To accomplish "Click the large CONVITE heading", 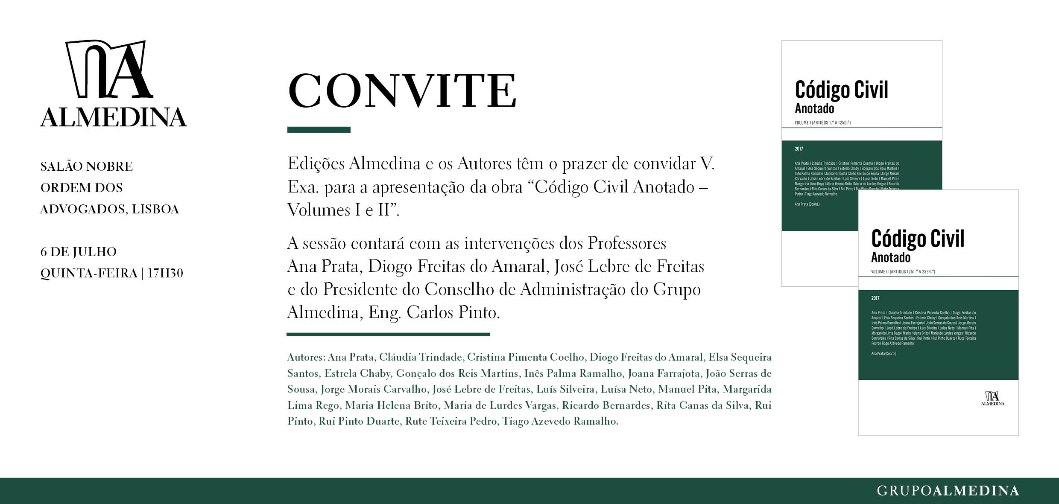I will click(402, 91).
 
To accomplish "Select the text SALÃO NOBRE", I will click(87, 166).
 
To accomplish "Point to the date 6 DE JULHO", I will click(79, 252).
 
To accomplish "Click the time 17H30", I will click(165, 273).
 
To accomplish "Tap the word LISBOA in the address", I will click(155, 209).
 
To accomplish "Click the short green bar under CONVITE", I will click(319, 130).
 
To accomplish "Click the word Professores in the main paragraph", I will click(627, 243).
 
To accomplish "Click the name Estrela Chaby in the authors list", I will click(357, 373).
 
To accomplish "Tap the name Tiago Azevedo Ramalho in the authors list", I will click(560, 422).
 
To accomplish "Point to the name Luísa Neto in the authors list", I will click(626, 389).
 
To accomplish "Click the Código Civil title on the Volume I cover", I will click(841, 90).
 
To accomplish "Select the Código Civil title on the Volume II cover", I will click(918, 239).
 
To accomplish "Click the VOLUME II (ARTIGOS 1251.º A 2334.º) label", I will click(903, 271).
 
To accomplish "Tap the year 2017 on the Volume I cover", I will click(799, 149).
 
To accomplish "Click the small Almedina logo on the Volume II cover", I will click(993, 398).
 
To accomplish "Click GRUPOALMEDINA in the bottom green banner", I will click(948, 491).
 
